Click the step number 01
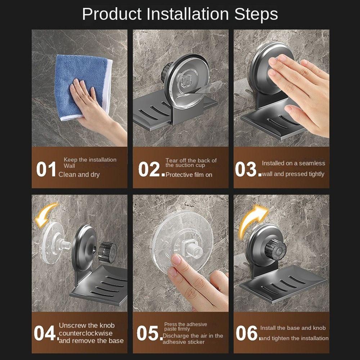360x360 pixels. (x=46, y=169)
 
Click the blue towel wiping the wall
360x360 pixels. (x=83, y=86)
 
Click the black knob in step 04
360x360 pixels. (x=107, y=252)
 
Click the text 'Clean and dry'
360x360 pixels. (x=79, y=175)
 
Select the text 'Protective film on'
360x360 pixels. (x=189, y=175)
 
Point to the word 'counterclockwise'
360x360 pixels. (x=86, y=333)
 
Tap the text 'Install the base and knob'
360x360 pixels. (x=293, y=328)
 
